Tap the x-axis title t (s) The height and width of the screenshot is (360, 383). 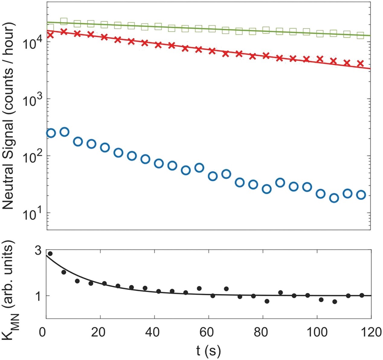coord(208,351)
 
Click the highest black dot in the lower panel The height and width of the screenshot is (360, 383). coord(50,254)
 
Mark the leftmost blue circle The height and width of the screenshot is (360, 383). coord(51,133)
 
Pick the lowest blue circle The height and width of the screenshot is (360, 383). coord(334,198)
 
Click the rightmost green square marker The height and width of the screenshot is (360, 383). coord(360,35)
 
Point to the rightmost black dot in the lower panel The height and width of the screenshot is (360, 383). coord(362,295)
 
